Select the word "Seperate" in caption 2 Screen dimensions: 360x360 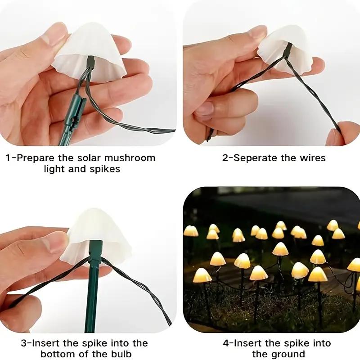tap(256, 158)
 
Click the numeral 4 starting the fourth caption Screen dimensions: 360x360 tap(225, 343)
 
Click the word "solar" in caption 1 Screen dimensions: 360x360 tap(90, 158)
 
